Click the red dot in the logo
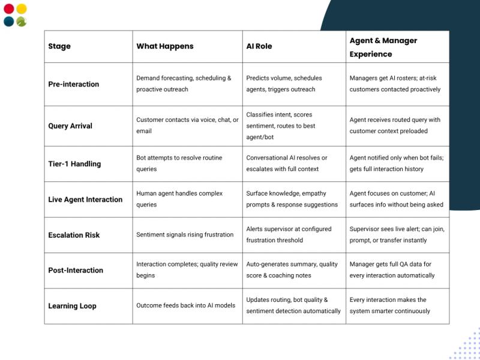click(x=8, y=9)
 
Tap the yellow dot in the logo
click(x=22, y=9)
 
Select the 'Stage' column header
click(x=59, y=46)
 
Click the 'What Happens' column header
click(x=165, y=46)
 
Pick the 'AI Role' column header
click(x=259, y=46)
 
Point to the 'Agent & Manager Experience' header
click(x=383, y=47)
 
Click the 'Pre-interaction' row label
click(x=74, y=84)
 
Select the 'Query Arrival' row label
click(x=71, y=126)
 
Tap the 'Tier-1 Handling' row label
click(x=74, y=164)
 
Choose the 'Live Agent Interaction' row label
click(x=85, y=199)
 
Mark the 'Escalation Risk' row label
click(x=74, y=235)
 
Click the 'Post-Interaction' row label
click(x=76, y=270)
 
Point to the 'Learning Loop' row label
click(x=72, y=306)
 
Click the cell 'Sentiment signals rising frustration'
click(x=185, y=235)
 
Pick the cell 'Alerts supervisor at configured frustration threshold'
click(x=289, y=235)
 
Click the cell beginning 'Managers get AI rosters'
click(x=395, y=84)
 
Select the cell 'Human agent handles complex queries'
click(x=179, y=199)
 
